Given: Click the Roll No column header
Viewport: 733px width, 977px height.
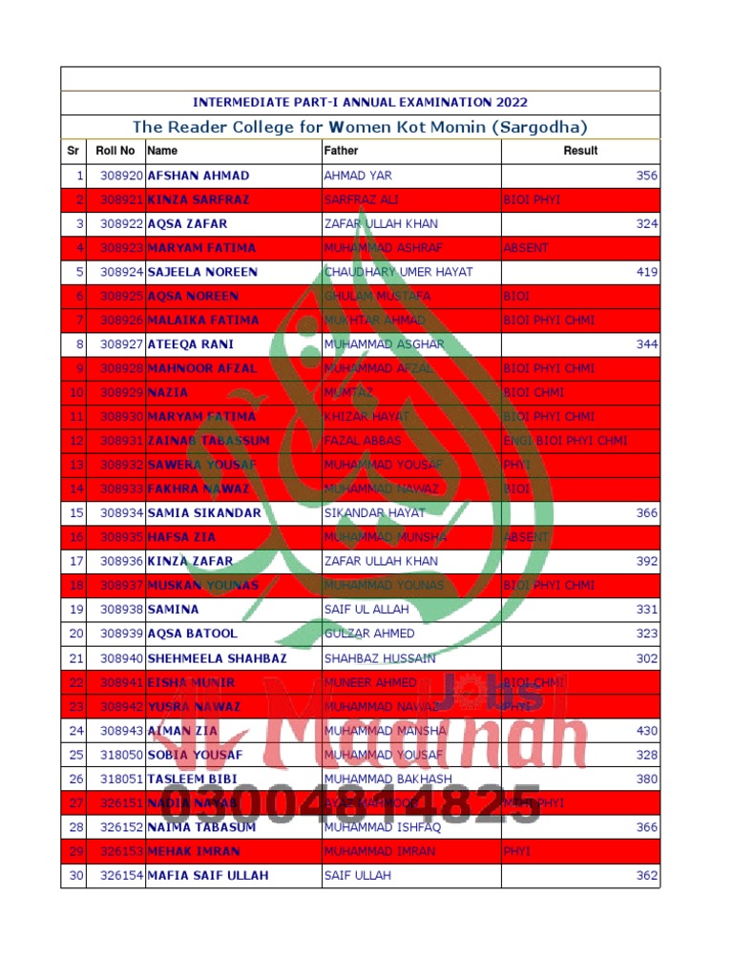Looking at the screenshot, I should click(x=115, y=151).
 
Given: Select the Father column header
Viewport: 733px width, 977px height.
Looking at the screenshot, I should click(x=341, y=151).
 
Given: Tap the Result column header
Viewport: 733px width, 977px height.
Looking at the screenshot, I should click(x=580, y=151).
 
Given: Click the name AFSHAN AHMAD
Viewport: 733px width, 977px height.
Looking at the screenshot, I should click(x=199, y=176).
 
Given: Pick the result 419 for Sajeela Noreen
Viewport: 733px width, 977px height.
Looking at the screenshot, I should click(x=647, y=272).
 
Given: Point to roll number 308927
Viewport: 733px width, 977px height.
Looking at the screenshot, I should click(x=121, y=344).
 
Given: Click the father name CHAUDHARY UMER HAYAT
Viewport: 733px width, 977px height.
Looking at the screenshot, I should click(x=398, y=272).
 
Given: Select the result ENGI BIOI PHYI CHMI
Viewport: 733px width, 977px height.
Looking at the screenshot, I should click(x=565, y=441).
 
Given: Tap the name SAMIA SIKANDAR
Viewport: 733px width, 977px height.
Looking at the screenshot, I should click(x=204, y=513).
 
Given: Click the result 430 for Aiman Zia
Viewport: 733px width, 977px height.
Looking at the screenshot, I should click(x=647, y=731).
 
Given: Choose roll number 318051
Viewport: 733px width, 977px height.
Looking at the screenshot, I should click(x=121, y=779).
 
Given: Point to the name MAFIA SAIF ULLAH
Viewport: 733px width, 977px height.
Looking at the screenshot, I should click(x=208, y=875).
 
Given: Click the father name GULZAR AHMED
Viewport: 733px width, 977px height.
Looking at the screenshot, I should click(x=369, y=634).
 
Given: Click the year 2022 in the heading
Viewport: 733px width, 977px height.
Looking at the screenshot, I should click(x=511, y=102).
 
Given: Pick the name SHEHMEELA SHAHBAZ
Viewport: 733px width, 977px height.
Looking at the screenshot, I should click(x=217, y=658).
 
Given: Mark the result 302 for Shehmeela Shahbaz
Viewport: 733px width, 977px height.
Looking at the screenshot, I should click(x=647, y=658).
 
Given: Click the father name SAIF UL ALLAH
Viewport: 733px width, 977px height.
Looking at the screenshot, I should click(x=366, y=610).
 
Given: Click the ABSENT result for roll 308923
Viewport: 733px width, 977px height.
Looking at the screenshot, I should click(x=526, y=248).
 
